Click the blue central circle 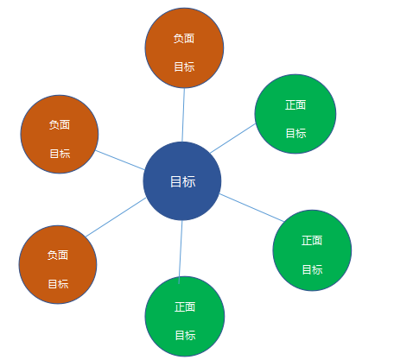point(182,181)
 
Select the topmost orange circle point(184,47)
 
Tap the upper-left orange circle point(60,135)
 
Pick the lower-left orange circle point(58,264)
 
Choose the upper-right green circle point(295,114)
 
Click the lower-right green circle point(312,250)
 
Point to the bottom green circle point(185,316)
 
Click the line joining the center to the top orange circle point(183,115)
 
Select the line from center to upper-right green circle point(232,138)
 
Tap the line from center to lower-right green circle point(251,208)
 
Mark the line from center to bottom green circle point(181,252)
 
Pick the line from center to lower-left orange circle point(116,218)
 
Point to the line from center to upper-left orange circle point(120,160)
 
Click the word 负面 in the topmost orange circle point(184,38)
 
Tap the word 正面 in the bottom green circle point(185,306)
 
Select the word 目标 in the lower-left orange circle point(58,284)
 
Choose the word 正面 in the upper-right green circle point(295,104)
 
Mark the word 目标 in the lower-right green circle point(313,269)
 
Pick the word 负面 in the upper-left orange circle point(60,125)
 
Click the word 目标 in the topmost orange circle point(184,66)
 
